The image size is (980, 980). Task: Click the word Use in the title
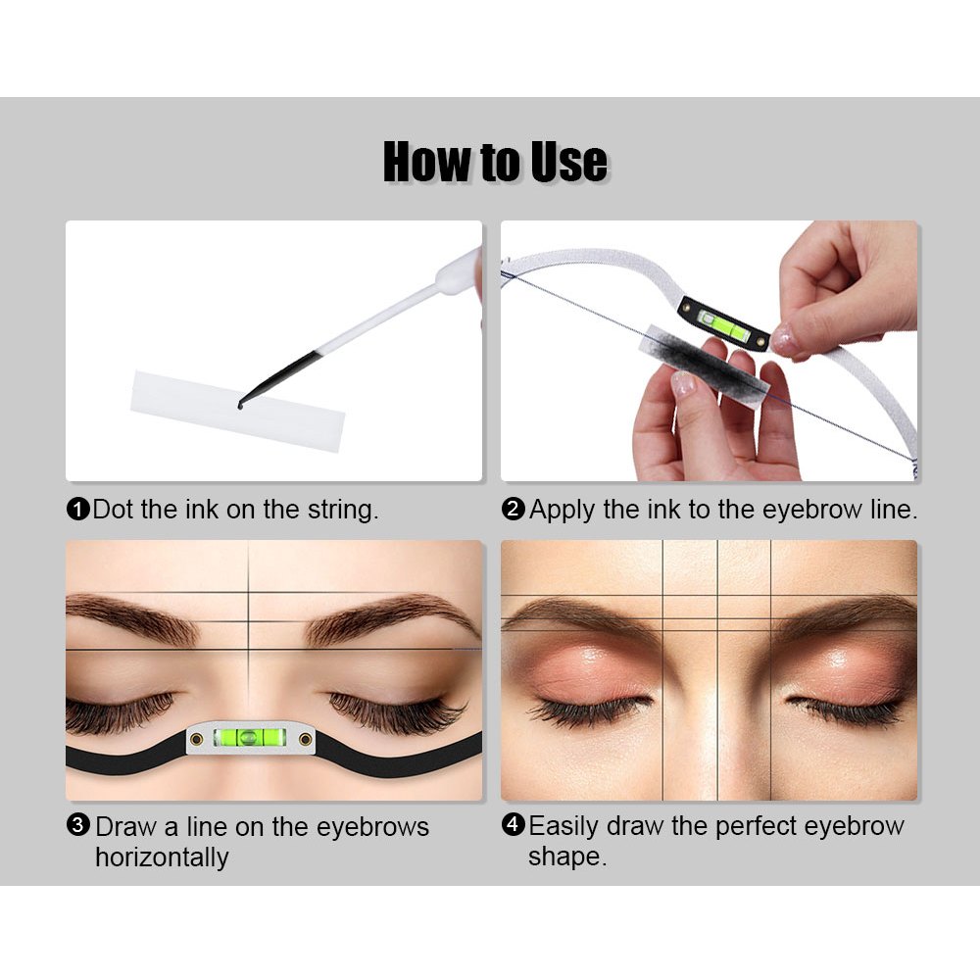point(568,162)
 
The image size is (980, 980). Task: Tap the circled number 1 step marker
point(78,509)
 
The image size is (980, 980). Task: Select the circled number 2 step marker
point(514,509)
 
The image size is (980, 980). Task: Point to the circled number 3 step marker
point(78,825)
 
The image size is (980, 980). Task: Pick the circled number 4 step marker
point(514,824)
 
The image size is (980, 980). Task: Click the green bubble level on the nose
point(250,738)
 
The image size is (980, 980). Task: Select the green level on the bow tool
point(724,323)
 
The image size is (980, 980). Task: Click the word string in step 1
point(343,510)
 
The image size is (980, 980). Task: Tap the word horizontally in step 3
point(162,857)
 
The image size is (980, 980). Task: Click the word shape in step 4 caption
point(566,857)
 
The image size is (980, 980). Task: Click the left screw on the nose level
point(196,739)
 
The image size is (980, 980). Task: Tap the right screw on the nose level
point(305,739)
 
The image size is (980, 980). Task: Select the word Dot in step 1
point(113,510)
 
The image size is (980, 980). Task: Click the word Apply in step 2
point(562,511)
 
